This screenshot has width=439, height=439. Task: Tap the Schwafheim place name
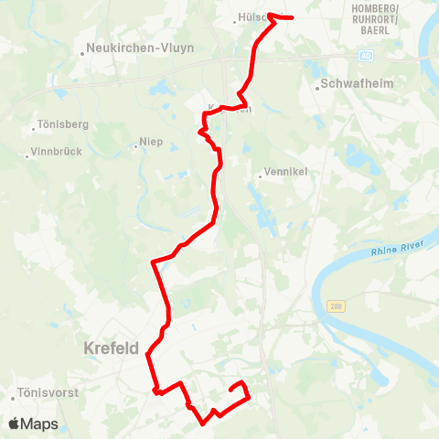(357, 87)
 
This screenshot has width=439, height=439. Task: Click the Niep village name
(151, 142)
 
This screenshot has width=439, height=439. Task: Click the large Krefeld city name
(110, 348)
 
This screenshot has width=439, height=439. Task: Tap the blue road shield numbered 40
(366, 56)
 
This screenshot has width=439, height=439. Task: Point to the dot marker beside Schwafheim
(317, 88)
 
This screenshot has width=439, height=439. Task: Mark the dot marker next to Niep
(135, 143)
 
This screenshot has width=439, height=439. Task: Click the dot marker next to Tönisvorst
(15, 396)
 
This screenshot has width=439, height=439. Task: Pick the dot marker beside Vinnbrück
(28, 156)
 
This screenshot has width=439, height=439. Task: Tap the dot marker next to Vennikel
(260, 176)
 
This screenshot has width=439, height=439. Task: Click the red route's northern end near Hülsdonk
(291, 16)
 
